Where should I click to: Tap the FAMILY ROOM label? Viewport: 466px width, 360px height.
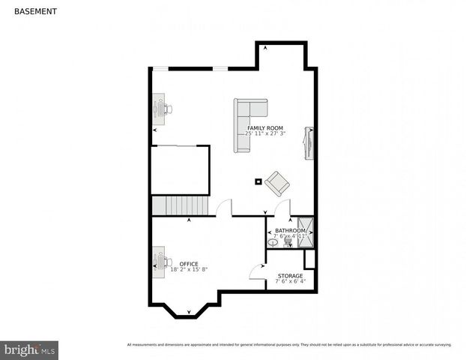[x=265, y=127]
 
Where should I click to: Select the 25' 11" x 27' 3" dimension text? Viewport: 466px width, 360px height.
[x=265, y=133]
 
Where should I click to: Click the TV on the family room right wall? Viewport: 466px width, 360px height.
[x=308, y=142]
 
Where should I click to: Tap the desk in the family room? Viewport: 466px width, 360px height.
[x=160, y=109]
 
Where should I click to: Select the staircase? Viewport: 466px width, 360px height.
[x=172, y=205]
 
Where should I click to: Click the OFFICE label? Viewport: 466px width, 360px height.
[x=189, y=263]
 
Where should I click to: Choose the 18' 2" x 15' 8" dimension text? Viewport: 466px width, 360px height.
[x=189, y=269]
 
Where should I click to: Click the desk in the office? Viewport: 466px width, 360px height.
[x=160, y=259]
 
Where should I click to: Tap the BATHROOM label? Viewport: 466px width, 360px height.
[x=290, y=230]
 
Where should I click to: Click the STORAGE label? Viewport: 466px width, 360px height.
[x=289, y=276]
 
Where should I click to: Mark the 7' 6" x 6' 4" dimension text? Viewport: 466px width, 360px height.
[x=289, y=282]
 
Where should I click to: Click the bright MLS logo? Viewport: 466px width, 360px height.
[x=30, y=349]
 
